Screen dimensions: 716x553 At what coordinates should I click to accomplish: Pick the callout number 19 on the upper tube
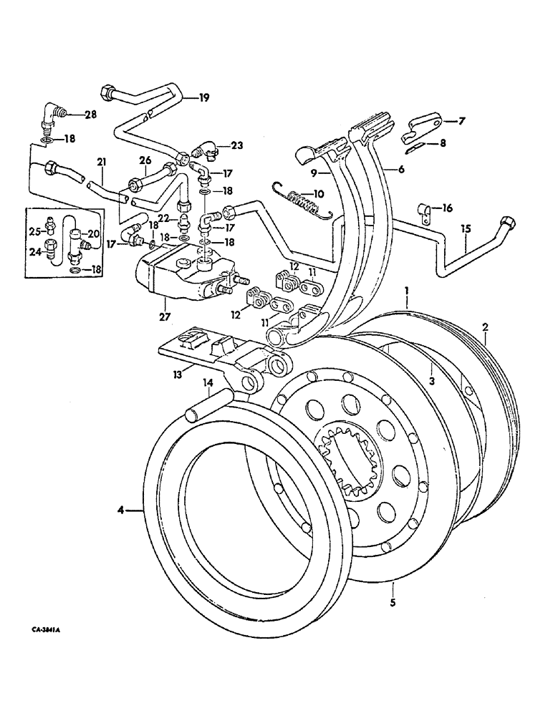pyautogui.click(x=204, y=98)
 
